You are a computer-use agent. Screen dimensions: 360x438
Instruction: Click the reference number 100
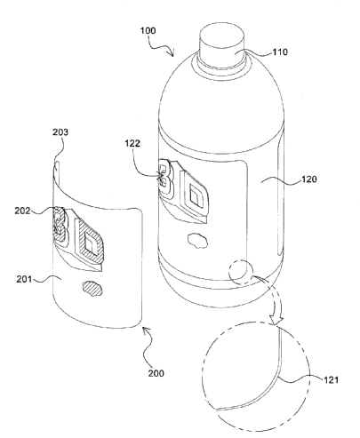[148, 30]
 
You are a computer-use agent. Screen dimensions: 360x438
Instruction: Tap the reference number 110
[280, 52]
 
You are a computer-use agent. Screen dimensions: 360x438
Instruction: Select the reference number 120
[309, 179]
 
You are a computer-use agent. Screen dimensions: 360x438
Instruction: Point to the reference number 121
[330, 379]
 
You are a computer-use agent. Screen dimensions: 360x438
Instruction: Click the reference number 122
[132, 143]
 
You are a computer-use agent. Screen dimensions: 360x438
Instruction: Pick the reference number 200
[156, 373]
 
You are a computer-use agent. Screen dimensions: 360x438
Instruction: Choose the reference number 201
[24, 279]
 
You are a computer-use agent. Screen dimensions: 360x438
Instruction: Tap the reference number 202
[22, 211]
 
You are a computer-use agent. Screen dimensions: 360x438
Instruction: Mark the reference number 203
[60, 132]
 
